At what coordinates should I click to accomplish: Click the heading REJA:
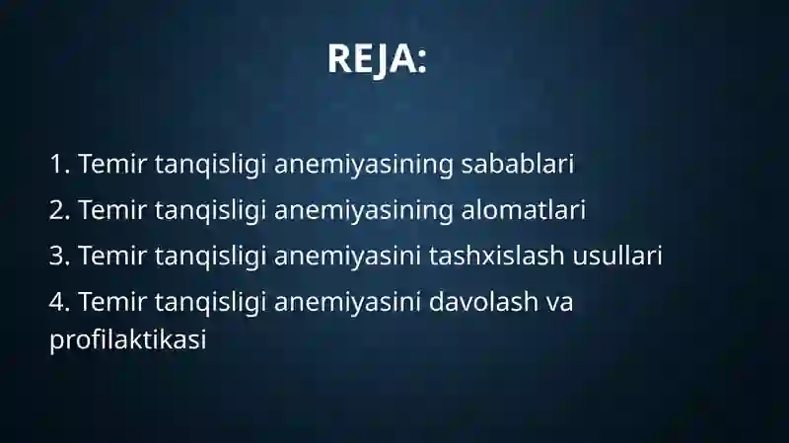tap(377, 59)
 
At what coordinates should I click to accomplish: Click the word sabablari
tap(517, 164)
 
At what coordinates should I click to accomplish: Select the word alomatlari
tap(524, 209)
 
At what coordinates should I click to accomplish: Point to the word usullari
tap(617, 256)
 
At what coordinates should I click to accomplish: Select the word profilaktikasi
tap(128, 339)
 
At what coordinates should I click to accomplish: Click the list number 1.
tap(59, 164)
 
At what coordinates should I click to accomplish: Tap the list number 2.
tap(59, 210)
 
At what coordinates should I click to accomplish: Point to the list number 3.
tap(59, 256)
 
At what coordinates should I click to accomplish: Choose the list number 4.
tap(59, 302)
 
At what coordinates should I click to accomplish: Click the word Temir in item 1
tap(112, 164)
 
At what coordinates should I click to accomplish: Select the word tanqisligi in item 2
tap(210, 211)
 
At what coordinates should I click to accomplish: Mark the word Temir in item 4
tap(112, 302)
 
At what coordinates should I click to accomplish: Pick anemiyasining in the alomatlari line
tap(364, 211)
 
